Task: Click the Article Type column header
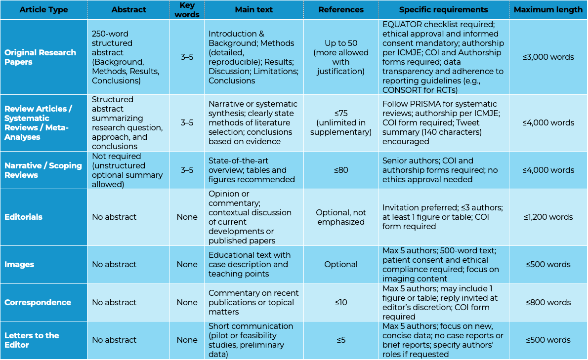tap(43, 10)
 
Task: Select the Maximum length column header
tap(548, 10)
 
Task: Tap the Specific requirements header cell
tap(443, 10)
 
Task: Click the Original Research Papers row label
tap(41, 57)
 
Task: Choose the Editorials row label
tap(23, 217)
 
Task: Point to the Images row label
tap(19, 264)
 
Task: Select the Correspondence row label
tap(38, 302)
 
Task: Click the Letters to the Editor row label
tap(32, 340)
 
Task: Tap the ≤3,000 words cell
tap(548, 57)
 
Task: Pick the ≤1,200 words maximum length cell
tap(548, 217)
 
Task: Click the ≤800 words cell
tap(548, 302)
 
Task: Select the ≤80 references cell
tap(341, 170)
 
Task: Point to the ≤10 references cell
tap(341, 302)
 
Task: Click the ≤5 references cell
tap(341, 340)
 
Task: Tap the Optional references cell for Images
tap(341, 264)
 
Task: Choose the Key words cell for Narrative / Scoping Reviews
tap(187, 170)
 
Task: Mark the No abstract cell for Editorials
tap(114, 217)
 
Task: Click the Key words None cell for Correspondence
tap(187, 302)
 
